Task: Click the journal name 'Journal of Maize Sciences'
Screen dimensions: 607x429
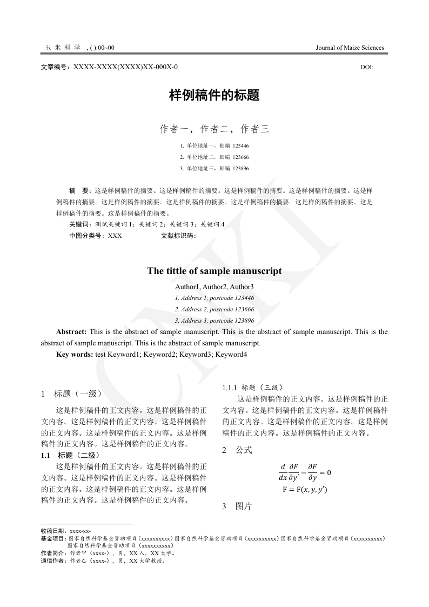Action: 350,48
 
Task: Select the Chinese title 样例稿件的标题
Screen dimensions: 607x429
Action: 215,96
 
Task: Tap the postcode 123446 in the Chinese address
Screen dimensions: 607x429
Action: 240,146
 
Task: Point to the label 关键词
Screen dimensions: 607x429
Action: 80,224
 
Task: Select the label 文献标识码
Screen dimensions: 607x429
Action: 178,236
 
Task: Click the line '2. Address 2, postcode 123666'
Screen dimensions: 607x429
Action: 215,309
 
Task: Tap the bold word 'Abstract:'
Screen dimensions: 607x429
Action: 71,332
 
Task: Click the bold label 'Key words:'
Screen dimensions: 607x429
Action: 75,355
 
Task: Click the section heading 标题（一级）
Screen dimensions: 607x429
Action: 78,394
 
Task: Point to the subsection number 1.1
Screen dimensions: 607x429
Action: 45,455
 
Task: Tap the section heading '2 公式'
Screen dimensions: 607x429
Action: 237,450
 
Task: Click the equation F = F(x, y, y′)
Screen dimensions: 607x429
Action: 305,490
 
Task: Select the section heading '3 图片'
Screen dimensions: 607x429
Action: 237,506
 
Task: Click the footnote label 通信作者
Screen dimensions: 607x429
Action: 52,561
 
